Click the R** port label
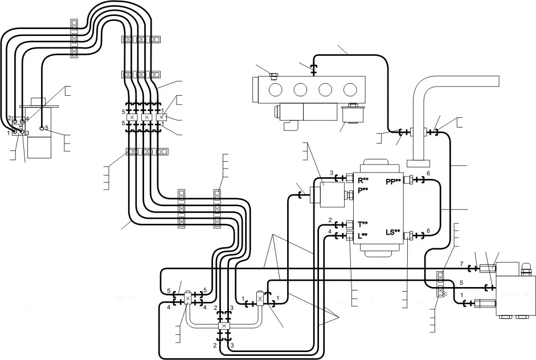click(363, 181)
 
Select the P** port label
click(363, 190)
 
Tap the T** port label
click(363, 224)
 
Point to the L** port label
click(363, 235)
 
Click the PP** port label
click(393, 182)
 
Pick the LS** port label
click(393, 232)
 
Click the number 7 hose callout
click(461, 264)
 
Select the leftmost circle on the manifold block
click(276, 89)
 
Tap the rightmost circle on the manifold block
click(350, 89)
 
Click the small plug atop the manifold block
click(273, 76)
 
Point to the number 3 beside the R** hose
click(332, 173)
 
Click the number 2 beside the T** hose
click(330, 220)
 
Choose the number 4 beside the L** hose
click(330, 231)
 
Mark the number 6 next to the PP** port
click(428, 174)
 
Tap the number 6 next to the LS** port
click(428, 231)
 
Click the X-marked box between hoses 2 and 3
click(224, 326)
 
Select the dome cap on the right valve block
click(525, 265)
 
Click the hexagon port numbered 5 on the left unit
click(42, 128)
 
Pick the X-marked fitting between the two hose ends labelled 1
click(260, 299)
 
